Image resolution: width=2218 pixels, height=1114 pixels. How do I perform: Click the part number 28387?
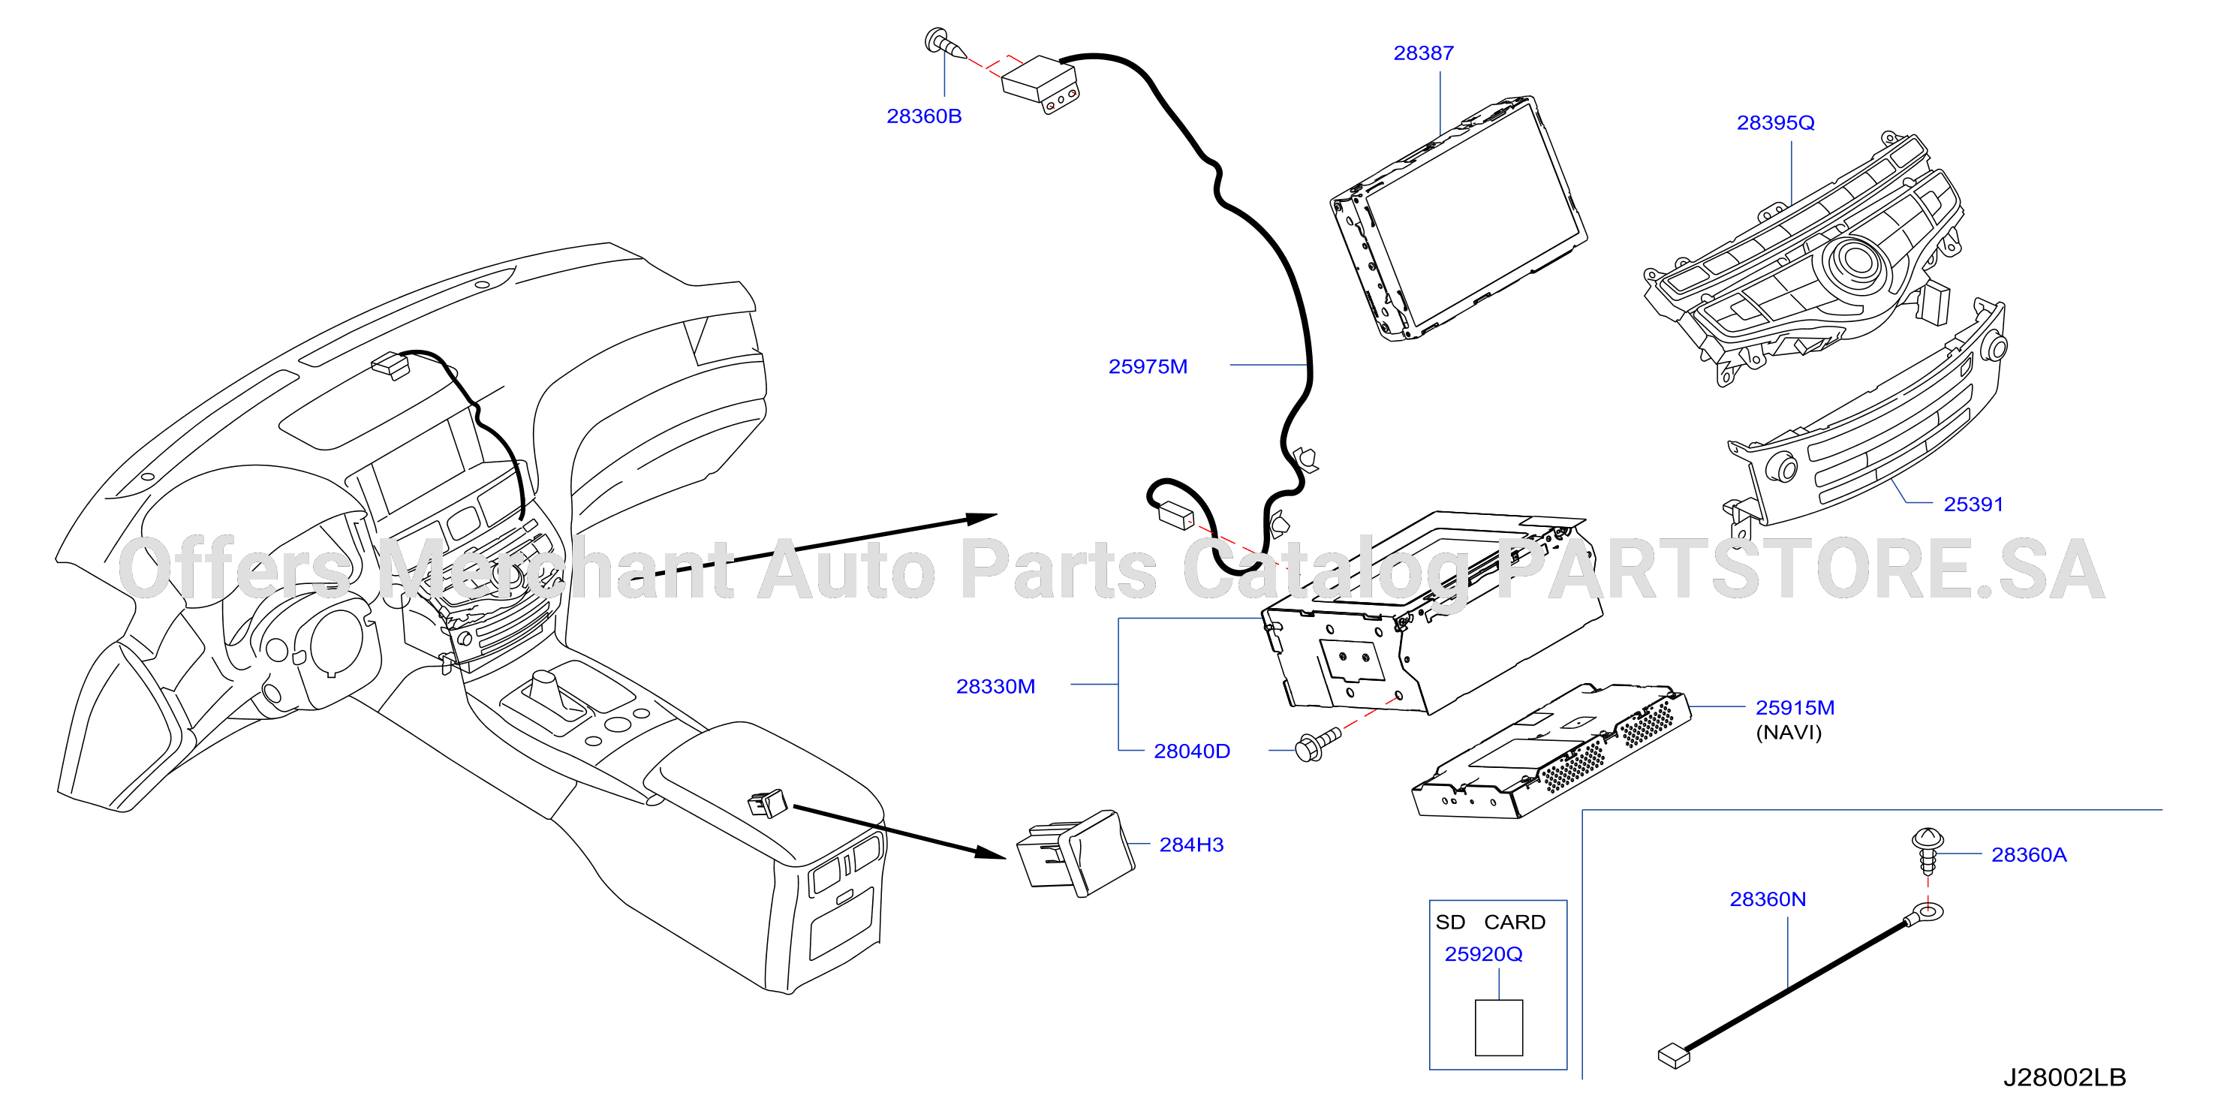click(1423, 53)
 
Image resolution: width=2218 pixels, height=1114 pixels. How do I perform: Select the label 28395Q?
click(1775, 123)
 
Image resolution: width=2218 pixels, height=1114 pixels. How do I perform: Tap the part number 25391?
click(1973, 504)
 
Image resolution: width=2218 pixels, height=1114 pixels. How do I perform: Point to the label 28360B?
click(924, 116)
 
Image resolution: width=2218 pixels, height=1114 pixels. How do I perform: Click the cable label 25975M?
click(1148, 367)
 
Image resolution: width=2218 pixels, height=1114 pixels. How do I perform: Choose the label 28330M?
click(995, 687)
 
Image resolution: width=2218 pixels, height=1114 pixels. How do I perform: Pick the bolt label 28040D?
click(1192, 751)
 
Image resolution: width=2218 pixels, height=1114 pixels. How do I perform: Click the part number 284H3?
click(1192, 845)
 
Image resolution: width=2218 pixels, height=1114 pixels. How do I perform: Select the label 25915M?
click(1795, 708)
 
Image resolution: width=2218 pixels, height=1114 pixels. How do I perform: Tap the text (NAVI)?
click(1789, 733)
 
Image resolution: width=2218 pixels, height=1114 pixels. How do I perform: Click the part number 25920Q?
click(1484, 955)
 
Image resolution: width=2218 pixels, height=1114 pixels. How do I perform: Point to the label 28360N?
click(1768, 899)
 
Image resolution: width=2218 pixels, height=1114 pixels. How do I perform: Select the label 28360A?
click(2029, 855)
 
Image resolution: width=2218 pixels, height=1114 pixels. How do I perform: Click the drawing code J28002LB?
click(2065, 1078)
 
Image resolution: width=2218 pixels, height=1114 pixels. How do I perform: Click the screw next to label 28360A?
click(1928, 851)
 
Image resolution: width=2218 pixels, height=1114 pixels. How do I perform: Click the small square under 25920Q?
click(1499, 1028)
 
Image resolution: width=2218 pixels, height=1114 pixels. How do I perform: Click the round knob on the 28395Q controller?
click(1858, 260)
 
